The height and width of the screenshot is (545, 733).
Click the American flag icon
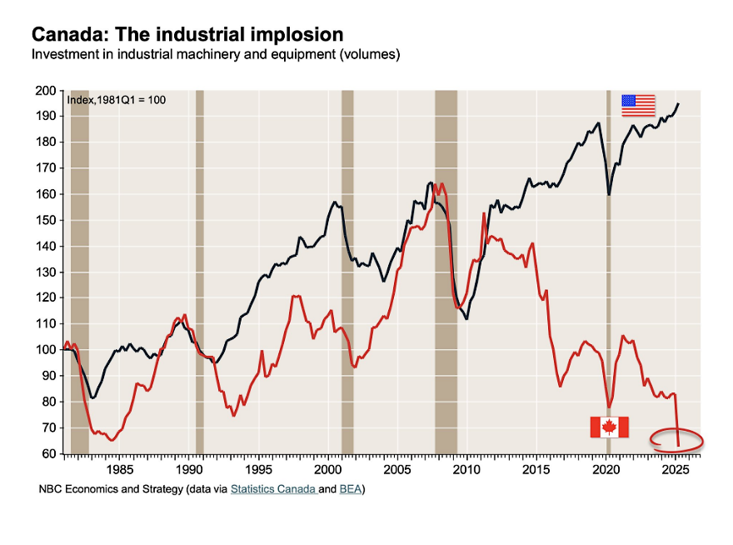pos(639,105)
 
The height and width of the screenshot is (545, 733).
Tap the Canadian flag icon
pos(609,427)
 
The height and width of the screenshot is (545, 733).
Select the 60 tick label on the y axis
pos(49,454)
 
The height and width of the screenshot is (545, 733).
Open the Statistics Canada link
pos(272,489)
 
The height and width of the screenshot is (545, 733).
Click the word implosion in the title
pos(297,35)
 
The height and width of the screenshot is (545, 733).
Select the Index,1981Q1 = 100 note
pos(116,100)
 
